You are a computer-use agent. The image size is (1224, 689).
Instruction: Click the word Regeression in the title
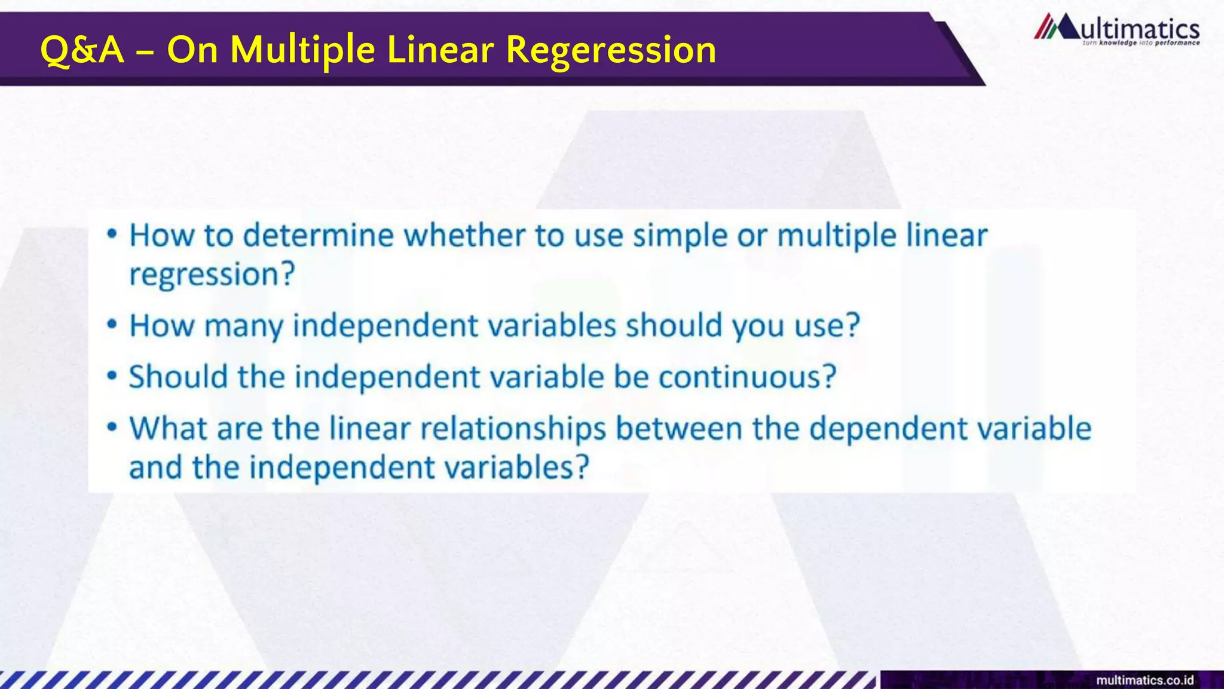click(x=611, y=50)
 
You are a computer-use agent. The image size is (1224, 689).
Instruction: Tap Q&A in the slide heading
click(x=82, y=50)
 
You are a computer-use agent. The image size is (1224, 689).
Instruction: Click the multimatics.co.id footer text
click(x=1145, y=680)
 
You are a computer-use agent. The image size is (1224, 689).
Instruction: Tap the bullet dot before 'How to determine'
click(x=112, y=234)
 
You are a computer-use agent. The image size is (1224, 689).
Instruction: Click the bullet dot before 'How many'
click(x=112, y=325)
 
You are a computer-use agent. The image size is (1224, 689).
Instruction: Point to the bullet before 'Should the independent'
click(x=112, y=376)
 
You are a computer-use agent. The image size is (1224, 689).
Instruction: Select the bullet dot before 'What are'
click(x=112, y=428)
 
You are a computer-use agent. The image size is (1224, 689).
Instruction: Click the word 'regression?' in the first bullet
click(x=212, y=275)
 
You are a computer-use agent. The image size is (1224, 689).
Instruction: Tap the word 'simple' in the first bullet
click(x=680, y=236)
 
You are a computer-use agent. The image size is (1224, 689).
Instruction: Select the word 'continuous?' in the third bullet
click(x=747, y=377)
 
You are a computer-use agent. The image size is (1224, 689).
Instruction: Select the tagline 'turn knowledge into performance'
click(x=1140, y=43)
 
